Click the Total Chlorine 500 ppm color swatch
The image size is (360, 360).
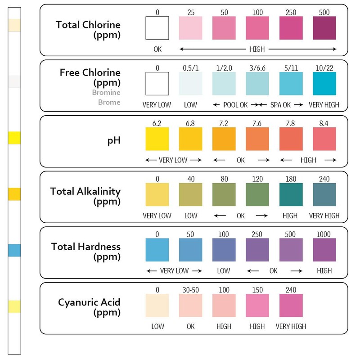(x=324, y=28)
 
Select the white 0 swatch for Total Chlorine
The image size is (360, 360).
(x=157, y=28)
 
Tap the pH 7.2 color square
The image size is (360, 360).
(x=224, y=139)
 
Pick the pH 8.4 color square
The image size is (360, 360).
(x=324, y=139)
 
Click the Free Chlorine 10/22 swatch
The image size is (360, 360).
(x=324, y=84)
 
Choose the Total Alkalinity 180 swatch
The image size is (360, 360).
(x=291, y=194)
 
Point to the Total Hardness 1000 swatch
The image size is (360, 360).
(x=324, y=250)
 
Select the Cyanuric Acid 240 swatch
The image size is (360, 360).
(x=291, y=306)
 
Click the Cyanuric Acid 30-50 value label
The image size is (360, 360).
(x=191, y=290)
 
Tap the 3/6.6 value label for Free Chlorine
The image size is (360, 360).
(x=257, y=67)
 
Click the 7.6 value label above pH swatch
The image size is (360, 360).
(x=257, y=123)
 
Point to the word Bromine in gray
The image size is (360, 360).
(x=106, y=93)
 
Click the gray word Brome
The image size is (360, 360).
(x=109, y=102)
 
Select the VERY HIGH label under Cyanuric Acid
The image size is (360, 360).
(x=291, y=326)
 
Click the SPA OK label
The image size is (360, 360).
(x=280, y=105)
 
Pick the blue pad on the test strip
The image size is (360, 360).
(x=15, y=250)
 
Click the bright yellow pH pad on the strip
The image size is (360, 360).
(x=15, y=138)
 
